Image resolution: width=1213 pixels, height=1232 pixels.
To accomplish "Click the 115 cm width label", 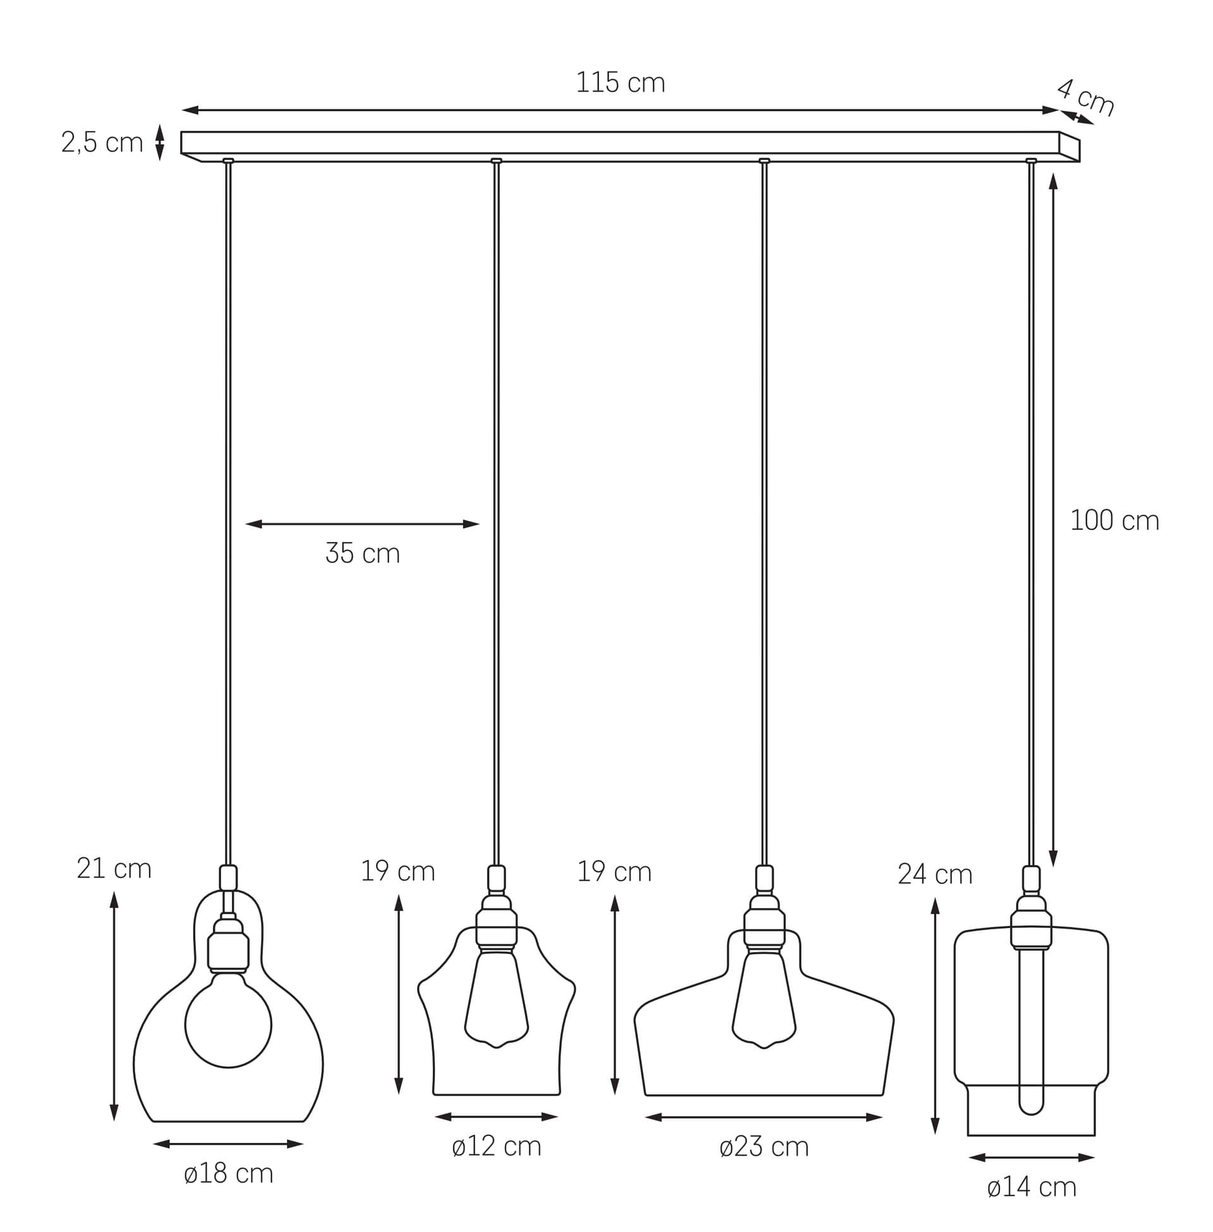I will coord(620,83).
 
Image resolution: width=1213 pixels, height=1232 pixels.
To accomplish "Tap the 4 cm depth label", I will coord(1085,97).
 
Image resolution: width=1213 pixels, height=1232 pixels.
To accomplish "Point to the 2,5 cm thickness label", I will coord(102,143).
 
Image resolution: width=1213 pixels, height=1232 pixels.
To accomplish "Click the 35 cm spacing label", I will coord(363,553).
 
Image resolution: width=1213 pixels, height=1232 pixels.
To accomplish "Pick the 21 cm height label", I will coord(114,868).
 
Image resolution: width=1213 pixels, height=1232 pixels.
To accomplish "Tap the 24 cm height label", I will coord(934,874).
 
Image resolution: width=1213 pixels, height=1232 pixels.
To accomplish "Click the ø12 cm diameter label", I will coord(497,1146).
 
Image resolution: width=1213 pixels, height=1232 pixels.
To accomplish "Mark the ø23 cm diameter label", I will coord(764,1147).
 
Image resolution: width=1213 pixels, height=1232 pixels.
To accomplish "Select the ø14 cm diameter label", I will coord(1032,1187).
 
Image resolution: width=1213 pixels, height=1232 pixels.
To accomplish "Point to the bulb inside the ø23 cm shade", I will coord(764,1006).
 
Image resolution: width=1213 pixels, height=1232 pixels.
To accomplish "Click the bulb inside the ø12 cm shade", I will coord(497,1006).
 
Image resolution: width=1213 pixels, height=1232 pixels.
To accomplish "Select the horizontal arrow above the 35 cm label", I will coord(362,524).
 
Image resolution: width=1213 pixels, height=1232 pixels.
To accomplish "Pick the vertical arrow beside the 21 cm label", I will coord(114,1006).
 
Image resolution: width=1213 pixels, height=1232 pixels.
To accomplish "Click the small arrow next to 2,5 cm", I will coord(160,142).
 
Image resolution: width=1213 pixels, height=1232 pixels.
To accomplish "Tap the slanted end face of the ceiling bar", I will coord(1069,148).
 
